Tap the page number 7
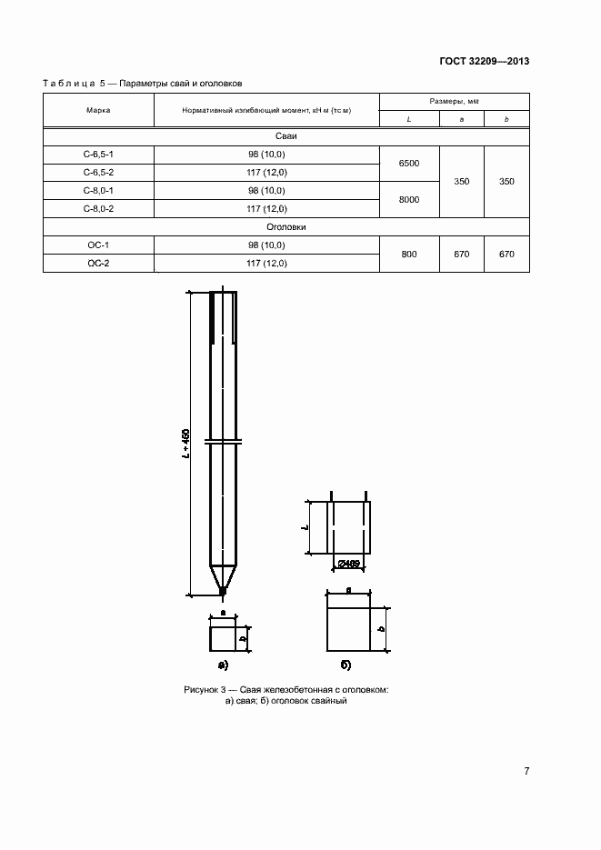(x=526, y=771)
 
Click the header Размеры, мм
(x=454, y=101)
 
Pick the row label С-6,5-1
(x=98, y=155)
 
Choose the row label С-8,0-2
(x=98, y=209)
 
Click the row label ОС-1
(x=98, y=245)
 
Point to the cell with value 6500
(x=409, y=164)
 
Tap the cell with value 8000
(x=409, y=200)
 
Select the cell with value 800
(x=409, y=255)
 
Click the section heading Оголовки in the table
(x=286, y=227)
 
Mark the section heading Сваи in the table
(x=286, y=136)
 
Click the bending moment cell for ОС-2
(x=266, y=264)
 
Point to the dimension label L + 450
(x=185, y=444)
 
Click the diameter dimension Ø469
(x=349, y=564)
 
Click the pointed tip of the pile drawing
(x=223, y=592)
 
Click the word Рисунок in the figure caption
(x=202, y=690)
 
